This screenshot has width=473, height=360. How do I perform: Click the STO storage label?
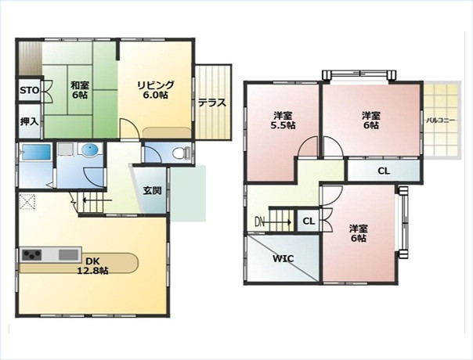[29, 90]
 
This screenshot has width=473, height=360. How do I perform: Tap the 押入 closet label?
[29, 121]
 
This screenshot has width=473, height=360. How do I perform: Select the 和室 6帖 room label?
[79, 89]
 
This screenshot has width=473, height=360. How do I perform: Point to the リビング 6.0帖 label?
[155, 89]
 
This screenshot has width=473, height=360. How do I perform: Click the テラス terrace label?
[212, 103]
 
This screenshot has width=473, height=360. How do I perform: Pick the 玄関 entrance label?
[152, 190]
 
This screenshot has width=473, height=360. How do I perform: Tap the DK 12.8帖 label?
[92, 265]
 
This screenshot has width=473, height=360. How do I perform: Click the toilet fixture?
[181, 153]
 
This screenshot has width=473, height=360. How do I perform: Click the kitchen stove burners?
[31, 255]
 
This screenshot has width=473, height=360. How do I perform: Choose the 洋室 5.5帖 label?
[283, 120]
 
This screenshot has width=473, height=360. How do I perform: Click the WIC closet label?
[283, 259]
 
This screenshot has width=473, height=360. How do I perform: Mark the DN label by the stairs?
[259, 222]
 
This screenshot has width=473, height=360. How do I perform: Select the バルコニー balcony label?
[440, 121]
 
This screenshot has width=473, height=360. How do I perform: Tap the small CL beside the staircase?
[309, 221]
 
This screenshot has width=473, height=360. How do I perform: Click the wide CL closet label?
[384, 171]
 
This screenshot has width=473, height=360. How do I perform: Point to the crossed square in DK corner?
[27, 202]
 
